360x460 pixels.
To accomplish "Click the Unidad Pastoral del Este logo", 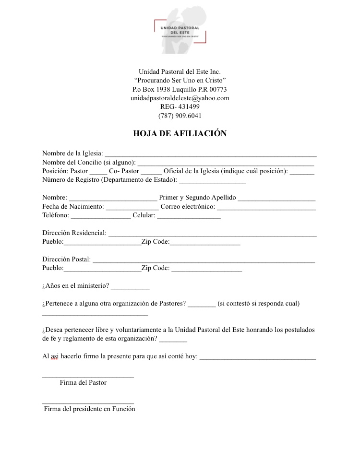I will [x=180, y=30].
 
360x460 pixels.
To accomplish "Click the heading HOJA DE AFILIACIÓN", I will [x=180, y=134].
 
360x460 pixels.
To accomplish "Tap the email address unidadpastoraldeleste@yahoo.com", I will [x=180, y=98].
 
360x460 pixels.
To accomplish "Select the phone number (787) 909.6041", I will [x=180, y=116].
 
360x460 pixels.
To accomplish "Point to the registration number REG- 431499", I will [x=180, y=106].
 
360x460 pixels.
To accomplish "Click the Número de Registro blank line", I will [x=212, y=181].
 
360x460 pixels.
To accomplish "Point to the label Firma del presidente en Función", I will [x=90, y=409].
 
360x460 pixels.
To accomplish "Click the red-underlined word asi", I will [x=54, y=357].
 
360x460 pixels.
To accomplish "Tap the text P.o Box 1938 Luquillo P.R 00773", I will [x=180, y=89].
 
